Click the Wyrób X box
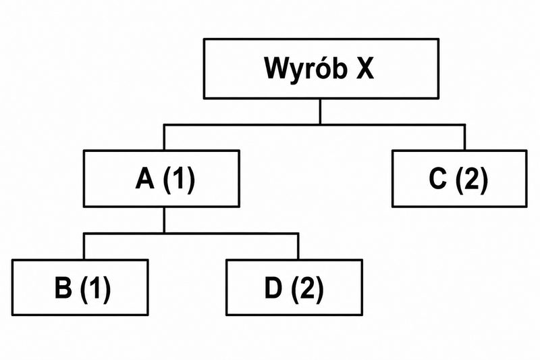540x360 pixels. coord(321,68)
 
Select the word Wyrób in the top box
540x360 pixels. coord(306,68)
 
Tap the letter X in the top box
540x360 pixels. coord(364,68)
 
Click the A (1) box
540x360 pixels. coord(161,178)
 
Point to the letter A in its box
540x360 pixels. coord(144,179)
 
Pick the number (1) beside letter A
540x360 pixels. coord(179,180)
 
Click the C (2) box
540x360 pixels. coord(460,178)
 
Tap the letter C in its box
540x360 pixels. coord(438,178)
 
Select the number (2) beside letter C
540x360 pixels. coord(472,180)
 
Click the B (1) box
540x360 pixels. coord(80,287)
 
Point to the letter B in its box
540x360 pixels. coord(63,288)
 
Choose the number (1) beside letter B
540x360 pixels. coord(95,288)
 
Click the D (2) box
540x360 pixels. coord(294,287)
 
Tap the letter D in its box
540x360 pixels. coord(273,288)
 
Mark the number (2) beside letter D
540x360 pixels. coord(308,288)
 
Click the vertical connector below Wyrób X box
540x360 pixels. coord(320,111)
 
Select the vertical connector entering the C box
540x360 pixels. coord(465,137)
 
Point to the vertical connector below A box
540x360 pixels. coord(164,220)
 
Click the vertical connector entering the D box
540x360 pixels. coord(298,247)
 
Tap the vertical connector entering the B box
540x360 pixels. coord(84,247)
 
